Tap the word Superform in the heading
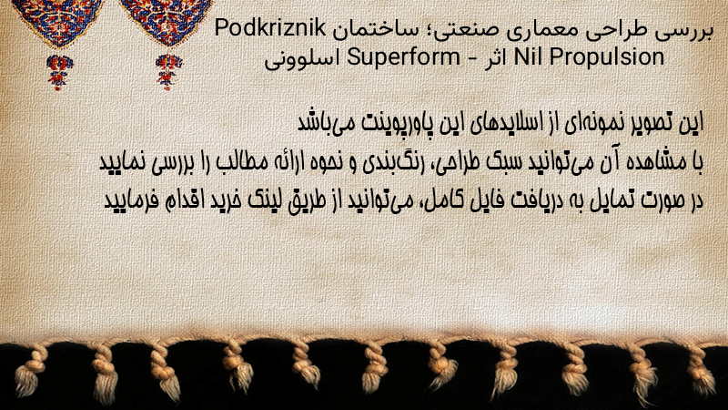point(403,57)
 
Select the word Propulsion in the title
point(606,57)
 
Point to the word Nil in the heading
point(529,56)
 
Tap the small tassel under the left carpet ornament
point(58,72)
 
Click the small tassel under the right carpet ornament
point(168,72)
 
